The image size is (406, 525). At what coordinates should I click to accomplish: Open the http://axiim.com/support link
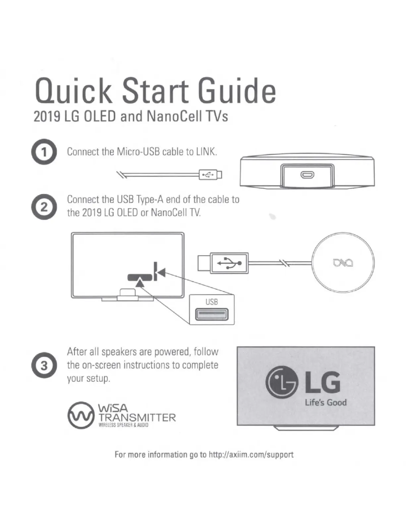(x=251, y=454)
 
